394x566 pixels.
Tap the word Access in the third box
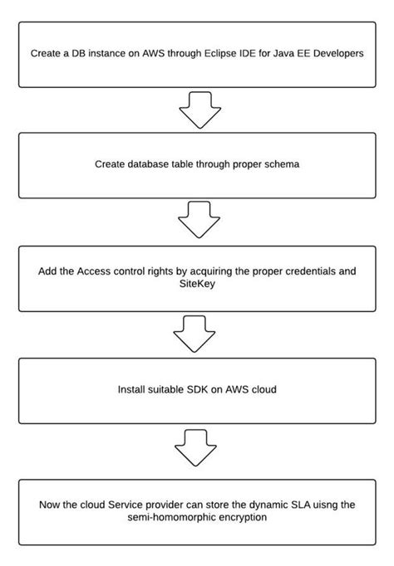coord(94,271)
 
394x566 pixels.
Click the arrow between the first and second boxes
coord(197,111)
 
